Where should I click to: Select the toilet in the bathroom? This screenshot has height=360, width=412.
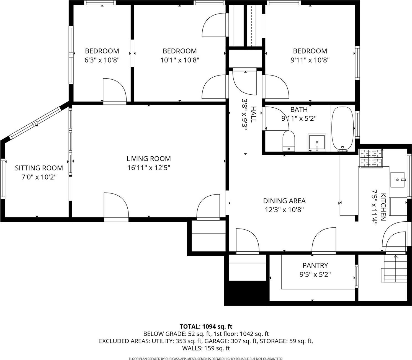pos(289,141)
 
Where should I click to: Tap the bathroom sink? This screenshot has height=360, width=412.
pos(317,143)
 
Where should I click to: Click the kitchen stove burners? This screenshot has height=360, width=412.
pos(371,158)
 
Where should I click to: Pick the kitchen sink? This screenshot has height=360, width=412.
pos(398,180)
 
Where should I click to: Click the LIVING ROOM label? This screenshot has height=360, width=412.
pos(149,159)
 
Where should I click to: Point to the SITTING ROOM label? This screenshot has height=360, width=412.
pos(39,168)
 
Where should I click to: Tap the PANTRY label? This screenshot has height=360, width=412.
pos(315,265)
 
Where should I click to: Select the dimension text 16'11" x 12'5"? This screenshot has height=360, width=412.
pos(149,168)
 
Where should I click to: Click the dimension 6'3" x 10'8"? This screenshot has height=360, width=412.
pos(102,60)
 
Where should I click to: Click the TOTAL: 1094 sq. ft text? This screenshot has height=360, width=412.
pos(206,327)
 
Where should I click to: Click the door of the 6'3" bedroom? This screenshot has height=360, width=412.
pos(114,91)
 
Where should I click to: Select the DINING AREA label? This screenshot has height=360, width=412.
pos(284,201)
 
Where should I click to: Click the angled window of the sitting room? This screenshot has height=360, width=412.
pos(35,123)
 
